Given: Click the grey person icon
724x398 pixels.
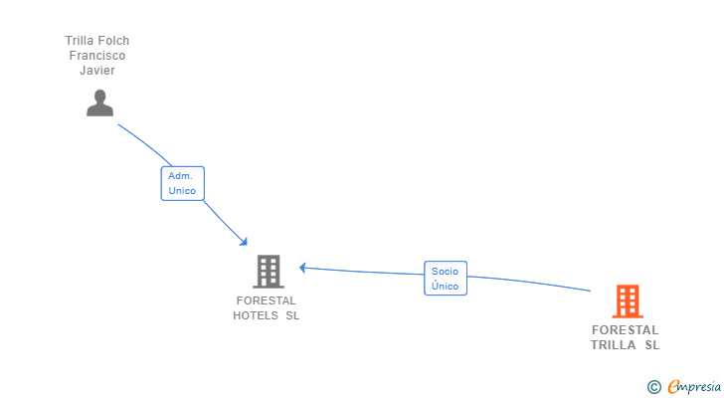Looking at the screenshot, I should pyautogui.click(x=99, y=102).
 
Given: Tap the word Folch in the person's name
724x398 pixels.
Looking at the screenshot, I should pyautogui.click(x=112, y=41).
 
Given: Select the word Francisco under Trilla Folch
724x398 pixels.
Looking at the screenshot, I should pyautogui.click(x=97, y=56).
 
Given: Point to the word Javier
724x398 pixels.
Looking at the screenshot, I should pyautogui.click(x=97, y=71).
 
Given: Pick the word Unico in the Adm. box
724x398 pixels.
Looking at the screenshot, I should pyautogui.click(x=182, y=190).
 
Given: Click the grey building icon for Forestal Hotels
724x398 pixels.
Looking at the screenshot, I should pyautogui.click(x=267, y=271).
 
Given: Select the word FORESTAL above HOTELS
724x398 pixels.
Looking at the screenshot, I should pyautogui.click(x=266, y=300).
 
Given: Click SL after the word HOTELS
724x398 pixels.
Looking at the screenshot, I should pyautogui.click(x=292, y=315).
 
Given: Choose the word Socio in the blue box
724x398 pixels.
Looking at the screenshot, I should pyautogui.click(x=445, y=271).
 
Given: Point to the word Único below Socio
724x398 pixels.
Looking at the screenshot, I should pyautogui.click(x=445, y=286).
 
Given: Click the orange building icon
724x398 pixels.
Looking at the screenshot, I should pyautogui.click(x=627, y=300).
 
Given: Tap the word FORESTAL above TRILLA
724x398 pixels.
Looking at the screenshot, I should pyautogui.click(x=625, y=330).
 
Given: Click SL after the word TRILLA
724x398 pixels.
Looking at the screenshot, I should pyautogui.click(x=651, y=345).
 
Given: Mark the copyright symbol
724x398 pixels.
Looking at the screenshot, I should pyautogui.click(x=653, y=386).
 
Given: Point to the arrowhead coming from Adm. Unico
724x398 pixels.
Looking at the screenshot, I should pyautogui.click(x=243, y=241).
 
